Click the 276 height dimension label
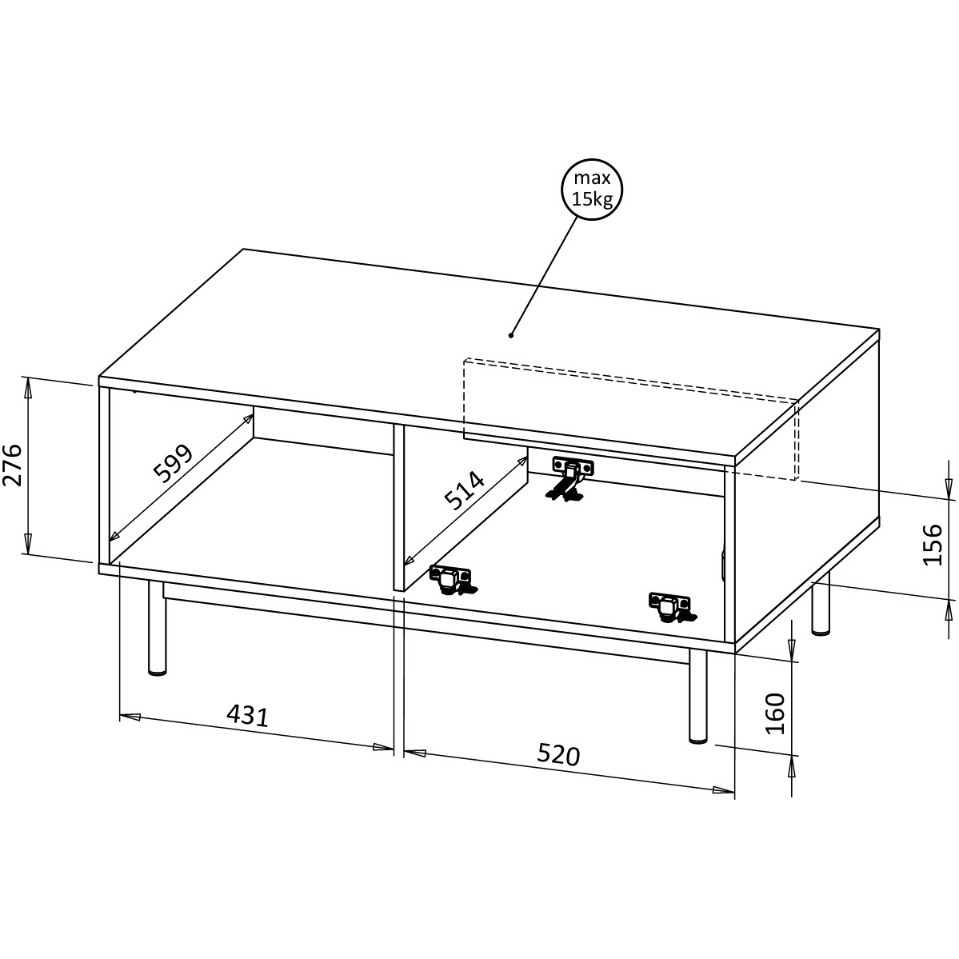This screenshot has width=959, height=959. [13, 466]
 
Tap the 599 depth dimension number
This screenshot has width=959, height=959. [173, 463]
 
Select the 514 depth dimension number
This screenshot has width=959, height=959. [464, 490]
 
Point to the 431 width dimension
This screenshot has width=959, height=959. [248, 715]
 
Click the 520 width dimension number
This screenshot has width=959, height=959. [558, 755]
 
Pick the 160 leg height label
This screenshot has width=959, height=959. [775, 713]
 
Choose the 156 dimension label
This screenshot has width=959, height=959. [932, 545]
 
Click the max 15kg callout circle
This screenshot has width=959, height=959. [591, 189]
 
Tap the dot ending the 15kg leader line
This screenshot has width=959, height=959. [511, 334]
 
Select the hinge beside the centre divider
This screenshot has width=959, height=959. [453, 581]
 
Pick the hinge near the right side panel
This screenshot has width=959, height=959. [672, 607]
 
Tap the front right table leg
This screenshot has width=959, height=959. [697, 696]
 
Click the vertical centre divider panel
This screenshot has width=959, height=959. [399, 507]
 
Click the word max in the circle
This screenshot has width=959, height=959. [591, 178]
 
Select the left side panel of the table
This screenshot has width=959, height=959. [104, 474]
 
